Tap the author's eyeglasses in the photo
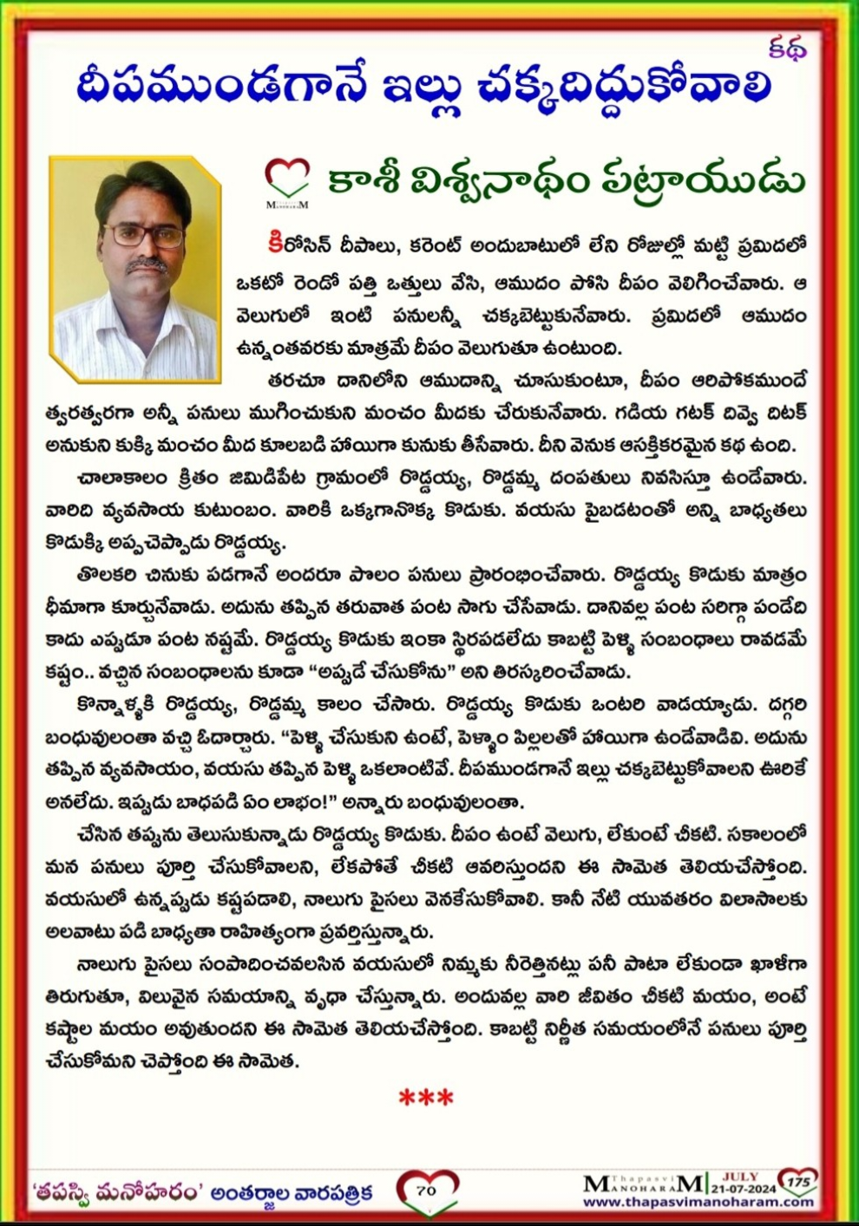pyautogui.click(x=143, y=235)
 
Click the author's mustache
pyautogui.click(x=146, y=264)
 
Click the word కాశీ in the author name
pyautogui.click(x=362, y=180)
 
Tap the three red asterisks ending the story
pyautogui.click(x=426, y=1098)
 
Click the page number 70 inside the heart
pyautogui.click(x=426, y=1190)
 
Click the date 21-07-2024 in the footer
pyautogui.click(x=744, y=1189)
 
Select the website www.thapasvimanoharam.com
pyautogui.click(x=698, y=1202)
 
